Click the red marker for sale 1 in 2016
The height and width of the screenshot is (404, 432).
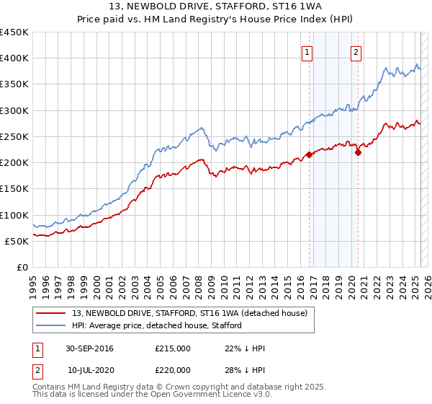309,154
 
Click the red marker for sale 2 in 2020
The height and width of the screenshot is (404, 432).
358,152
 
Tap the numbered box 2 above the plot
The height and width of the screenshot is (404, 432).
356,51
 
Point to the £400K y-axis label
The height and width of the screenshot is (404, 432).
14,58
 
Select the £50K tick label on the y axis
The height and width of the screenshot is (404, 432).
17,241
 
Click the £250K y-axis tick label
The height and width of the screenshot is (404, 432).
14,136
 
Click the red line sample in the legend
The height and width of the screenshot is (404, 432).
51,313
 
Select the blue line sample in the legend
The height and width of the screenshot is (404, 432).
51,325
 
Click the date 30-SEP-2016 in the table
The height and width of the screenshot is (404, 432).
89,348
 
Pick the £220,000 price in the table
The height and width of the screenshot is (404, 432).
173,369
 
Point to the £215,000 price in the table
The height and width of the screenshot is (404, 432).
173,348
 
